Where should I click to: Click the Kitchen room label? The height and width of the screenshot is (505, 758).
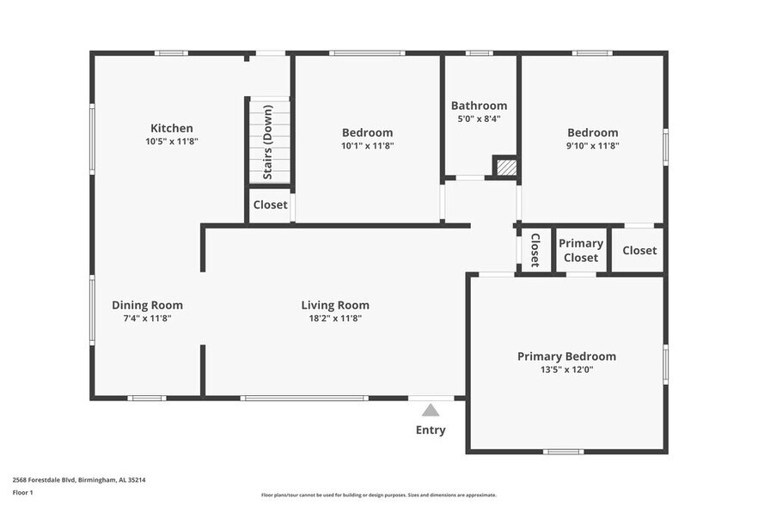[172, 128]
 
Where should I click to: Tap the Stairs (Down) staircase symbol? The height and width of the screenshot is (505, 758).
[269, 142]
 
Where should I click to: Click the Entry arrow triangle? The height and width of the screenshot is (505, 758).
[431, 411]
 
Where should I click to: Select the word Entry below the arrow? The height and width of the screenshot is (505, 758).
[431, 429]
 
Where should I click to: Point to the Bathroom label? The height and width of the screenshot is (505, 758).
[479, 106]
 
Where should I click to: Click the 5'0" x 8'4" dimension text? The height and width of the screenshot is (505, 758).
[479, 119]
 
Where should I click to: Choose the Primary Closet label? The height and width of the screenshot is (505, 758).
[581, 250]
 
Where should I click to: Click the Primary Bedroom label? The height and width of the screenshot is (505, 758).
[566, 356]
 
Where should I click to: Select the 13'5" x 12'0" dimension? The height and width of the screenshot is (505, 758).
[566, 370]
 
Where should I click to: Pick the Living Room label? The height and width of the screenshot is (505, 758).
[335, 305]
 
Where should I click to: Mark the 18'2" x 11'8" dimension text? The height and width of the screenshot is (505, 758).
[335, 319]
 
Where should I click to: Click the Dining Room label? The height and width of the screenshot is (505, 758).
[147, 305]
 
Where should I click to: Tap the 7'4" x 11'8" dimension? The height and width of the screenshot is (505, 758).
[147, 319]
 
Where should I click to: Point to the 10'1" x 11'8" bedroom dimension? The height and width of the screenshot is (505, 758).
[367, 146]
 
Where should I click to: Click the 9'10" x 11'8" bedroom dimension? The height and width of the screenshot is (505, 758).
[592, 146]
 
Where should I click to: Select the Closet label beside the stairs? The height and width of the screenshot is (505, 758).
[270, 205]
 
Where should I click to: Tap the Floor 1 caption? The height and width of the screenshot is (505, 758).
[22, 492]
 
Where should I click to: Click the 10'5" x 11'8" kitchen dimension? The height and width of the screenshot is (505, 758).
[172, 142]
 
